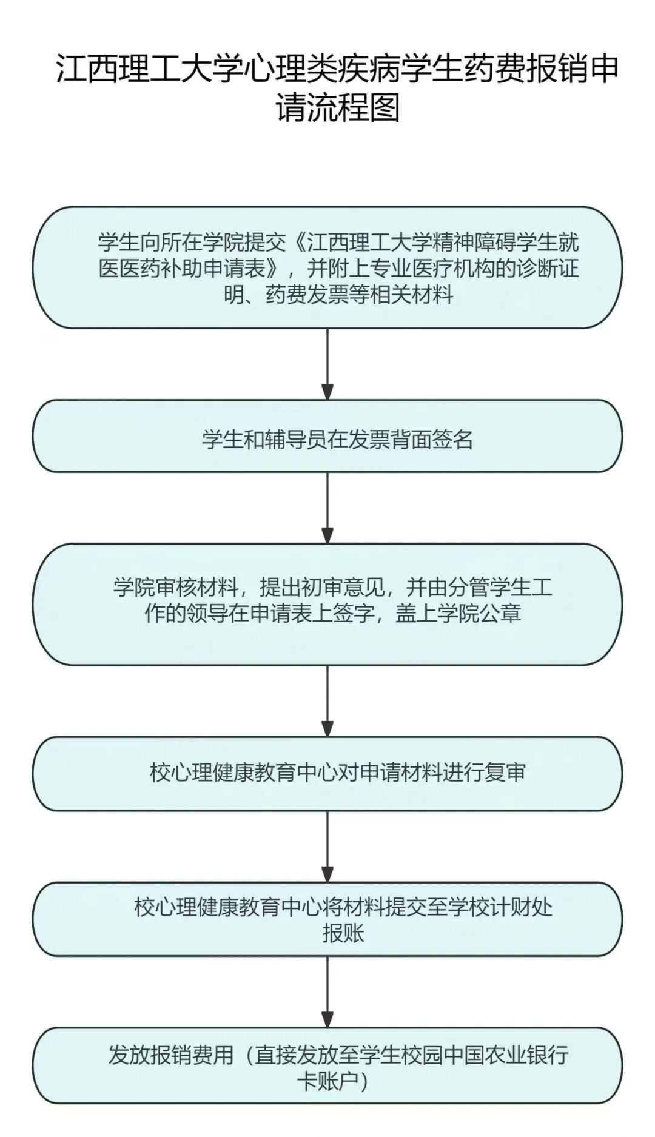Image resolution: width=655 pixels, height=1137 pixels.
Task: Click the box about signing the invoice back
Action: (327, 436)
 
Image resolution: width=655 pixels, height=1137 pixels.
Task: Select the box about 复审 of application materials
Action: (327, 773)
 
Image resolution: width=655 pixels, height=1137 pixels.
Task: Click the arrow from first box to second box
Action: (327, 364)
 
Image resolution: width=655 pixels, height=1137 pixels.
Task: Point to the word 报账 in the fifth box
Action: (343, 933)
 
